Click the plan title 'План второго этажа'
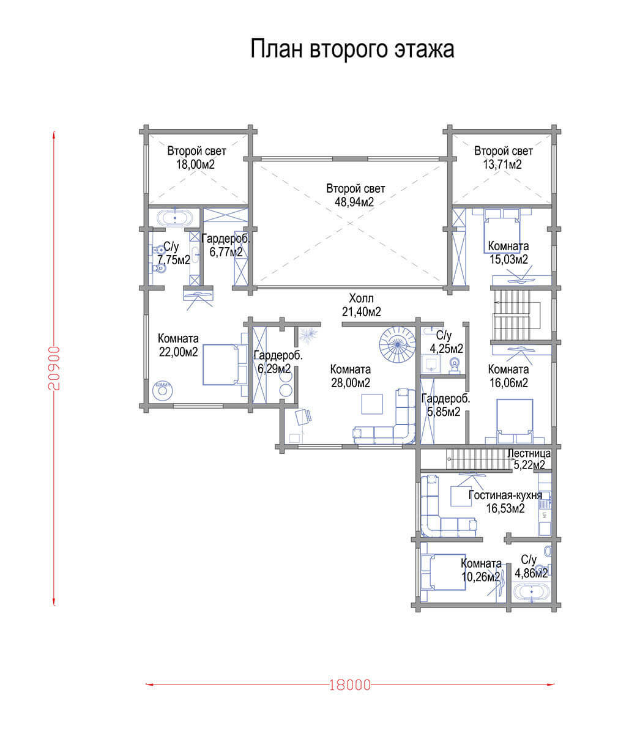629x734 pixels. [x=352, y=50]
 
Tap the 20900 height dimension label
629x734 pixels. [x=54, y=368]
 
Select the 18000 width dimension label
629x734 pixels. [x=349, y=684]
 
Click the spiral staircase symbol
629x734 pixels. [x=396, y=344]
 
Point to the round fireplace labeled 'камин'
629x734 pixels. [x=162, y=391]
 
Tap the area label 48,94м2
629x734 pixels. [x=354, y=202]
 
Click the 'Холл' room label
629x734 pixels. [x=361, y=298]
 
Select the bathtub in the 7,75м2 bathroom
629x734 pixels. [x=175, y=217]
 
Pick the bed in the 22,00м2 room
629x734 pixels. [x=225, y=365]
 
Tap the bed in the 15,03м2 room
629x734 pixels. [x=502, y=231]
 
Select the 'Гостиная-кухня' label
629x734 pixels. [x=505, y=495]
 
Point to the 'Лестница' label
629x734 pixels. [x=529, y=453]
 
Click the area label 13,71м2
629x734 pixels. [x=502, y=165]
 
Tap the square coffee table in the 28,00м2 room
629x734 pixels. [x=372, y=404]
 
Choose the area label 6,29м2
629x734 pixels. [x=274, y=369]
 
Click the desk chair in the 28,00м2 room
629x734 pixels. [x=303, y=416]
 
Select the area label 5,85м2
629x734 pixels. [x=444, y=412]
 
